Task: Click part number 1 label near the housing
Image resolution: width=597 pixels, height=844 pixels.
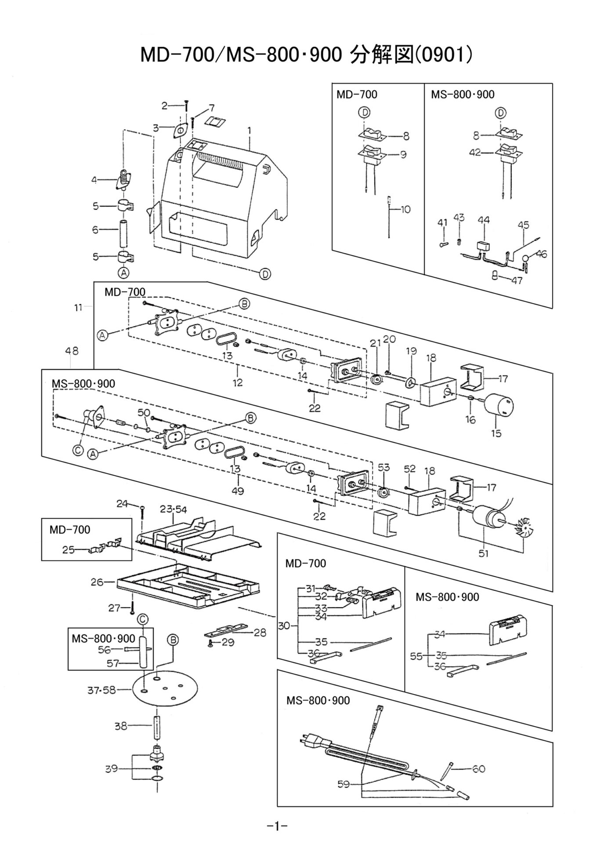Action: (249, 131)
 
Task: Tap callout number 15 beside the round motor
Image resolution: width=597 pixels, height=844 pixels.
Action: (496, 433)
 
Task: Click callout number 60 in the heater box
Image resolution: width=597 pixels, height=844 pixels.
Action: (478, 768)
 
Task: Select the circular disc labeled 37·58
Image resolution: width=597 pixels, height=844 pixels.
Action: (165, 690)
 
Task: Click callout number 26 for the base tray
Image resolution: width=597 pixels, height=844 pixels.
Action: (97, 582)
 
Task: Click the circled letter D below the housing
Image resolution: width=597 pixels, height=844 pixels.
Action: (265, 274)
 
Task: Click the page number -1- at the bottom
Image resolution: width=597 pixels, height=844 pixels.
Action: (277, 826)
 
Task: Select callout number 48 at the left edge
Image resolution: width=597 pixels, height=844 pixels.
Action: (72, 351)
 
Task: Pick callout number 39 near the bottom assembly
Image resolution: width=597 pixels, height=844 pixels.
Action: (111, 768)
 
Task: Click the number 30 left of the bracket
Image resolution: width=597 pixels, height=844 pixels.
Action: (284, 625)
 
